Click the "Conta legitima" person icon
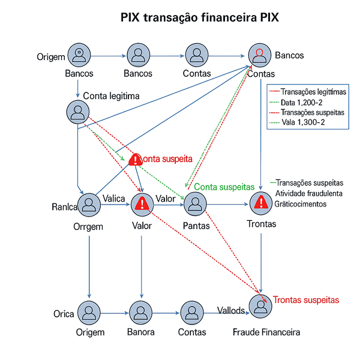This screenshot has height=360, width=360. click(77, 111)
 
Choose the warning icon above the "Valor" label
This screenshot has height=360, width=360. click(142, 204)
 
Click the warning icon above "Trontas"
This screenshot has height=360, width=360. click(260, 204)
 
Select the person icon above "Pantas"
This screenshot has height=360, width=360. click(196, 205)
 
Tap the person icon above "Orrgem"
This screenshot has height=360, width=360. click(88, 205)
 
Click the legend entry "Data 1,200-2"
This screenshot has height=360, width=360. click(301, 103)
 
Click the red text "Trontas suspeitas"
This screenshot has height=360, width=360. click(306, 299)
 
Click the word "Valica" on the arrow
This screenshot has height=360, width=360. click(113, 199)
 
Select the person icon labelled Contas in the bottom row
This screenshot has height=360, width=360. click(192, 313)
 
